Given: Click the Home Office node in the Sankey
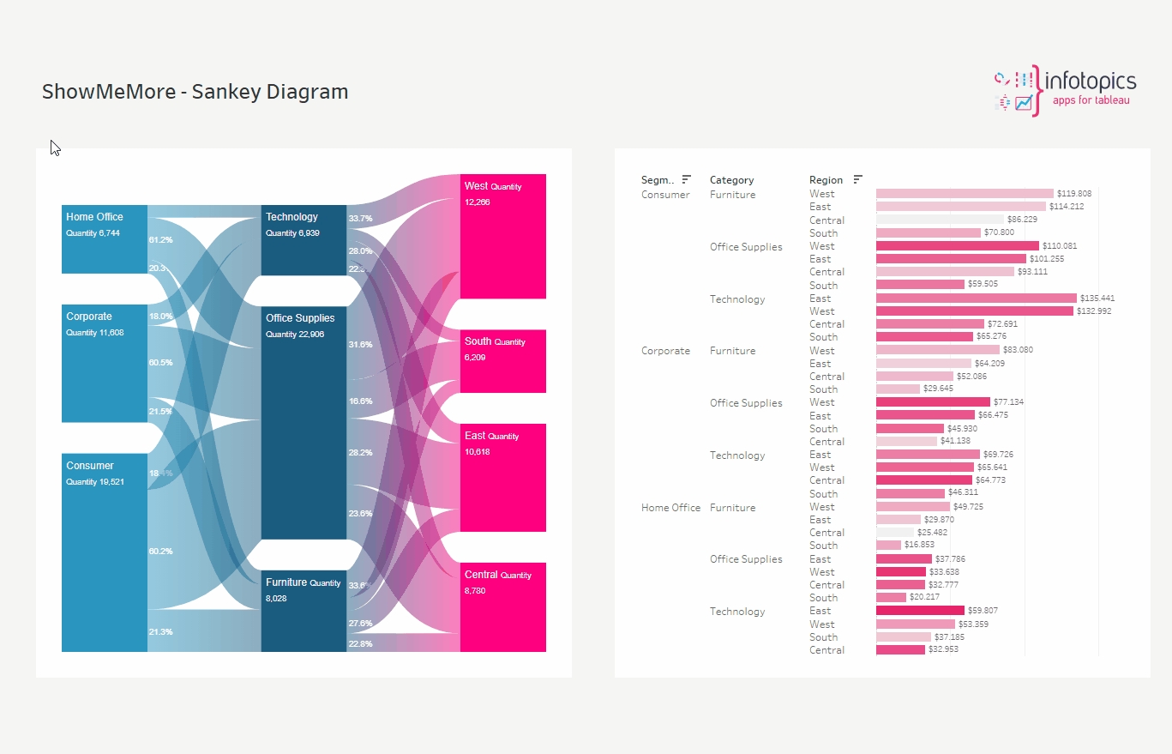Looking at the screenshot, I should coord(104,239).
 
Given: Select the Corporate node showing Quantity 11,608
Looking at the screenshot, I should coord(104,363).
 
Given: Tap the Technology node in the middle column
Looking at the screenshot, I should coord(304,240).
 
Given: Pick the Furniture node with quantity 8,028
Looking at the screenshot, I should coord(304,611).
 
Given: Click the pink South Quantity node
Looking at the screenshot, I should coord(502,361).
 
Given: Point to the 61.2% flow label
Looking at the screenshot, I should coord(160,240).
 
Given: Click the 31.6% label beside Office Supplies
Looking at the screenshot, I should coord(360,345).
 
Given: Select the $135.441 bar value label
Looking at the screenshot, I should coord(1097,299).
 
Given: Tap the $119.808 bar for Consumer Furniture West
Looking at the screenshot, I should coord(965,194).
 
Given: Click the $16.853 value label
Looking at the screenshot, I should coord(921,546).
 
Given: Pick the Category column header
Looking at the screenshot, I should coord(731,180).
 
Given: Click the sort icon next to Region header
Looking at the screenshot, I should coord(857,179).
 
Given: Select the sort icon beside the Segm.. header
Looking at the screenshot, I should coord(686,179).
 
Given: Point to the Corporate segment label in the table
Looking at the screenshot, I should coord(665,351).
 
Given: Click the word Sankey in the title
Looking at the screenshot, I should coord(229,92).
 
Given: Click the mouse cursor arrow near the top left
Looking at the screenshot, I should coord(55,148).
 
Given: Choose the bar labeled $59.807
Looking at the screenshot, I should coord(920,611).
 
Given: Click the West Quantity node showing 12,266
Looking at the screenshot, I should coord(502,236).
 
